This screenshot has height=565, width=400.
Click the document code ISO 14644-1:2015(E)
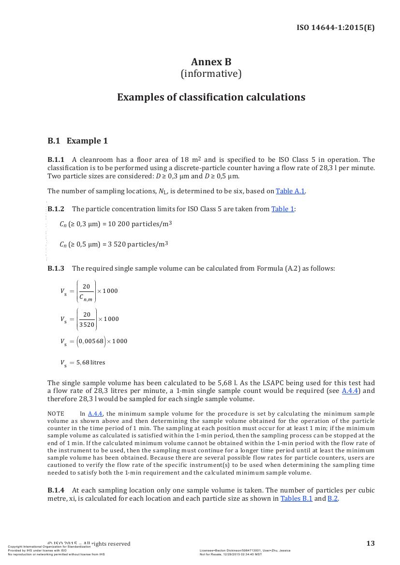click(335, 28)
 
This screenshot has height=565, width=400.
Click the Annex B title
click(211, 62)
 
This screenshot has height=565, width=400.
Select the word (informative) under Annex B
click(211, 74)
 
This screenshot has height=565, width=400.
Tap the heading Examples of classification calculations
click(211, 97)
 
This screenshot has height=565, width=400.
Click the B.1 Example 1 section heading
click(77, 141)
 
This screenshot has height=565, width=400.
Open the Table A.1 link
click(290, 191)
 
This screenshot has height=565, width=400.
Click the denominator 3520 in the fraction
click(87, 325)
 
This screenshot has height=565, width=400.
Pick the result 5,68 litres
click(90, 362)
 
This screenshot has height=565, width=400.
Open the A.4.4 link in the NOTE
click(95, 414)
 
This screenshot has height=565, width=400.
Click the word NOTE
click(56, 414)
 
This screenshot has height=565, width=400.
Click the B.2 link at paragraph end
click(332, 499)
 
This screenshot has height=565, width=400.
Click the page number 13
click(370, 543)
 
